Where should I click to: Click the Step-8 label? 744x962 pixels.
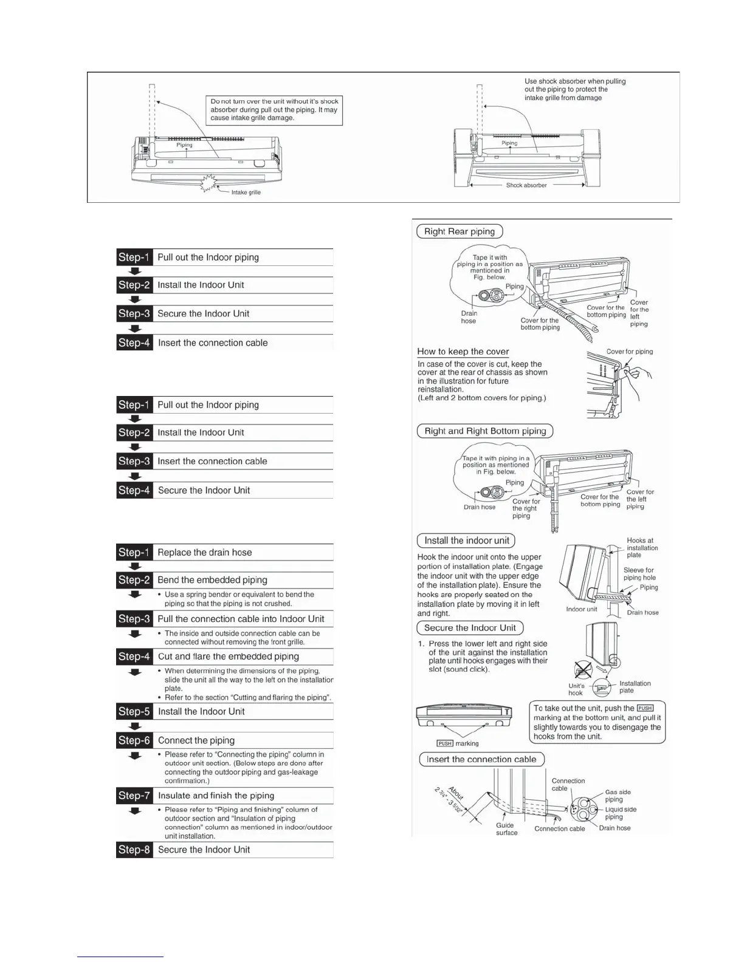134,850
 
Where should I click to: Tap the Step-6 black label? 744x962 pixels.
134,740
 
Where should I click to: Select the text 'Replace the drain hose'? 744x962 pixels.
205,553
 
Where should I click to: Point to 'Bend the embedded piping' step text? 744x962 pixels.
212,580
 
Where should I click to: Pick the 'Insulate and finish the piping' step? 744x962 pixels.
216,796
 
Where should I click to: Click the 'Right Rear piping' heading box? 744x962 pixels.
460,231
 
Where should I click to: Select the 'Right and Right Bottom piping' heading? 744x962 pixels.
485,431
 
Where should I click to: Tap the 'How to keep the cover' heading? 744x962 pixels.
463,352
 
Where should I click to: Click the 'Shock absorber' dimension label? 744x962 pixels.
526,185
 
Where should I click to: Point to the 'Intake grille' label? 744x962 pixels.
246,193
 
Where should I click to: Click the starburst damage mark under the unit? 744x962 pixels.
211,183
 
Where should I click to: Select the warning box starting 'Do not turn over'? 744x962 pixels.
274,110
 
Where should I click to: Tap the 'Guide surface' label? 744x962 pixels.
506,829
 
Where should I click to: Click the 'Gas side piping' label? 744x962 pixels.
618,796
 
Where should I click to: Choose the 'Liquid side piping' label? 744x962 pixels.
620,813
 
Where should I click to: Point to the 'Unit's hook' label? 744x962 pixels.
576,689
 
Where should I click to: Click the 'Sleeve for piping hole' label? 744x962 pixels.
639,574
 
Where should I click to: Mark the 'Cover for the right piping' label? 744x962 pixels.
525,509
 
